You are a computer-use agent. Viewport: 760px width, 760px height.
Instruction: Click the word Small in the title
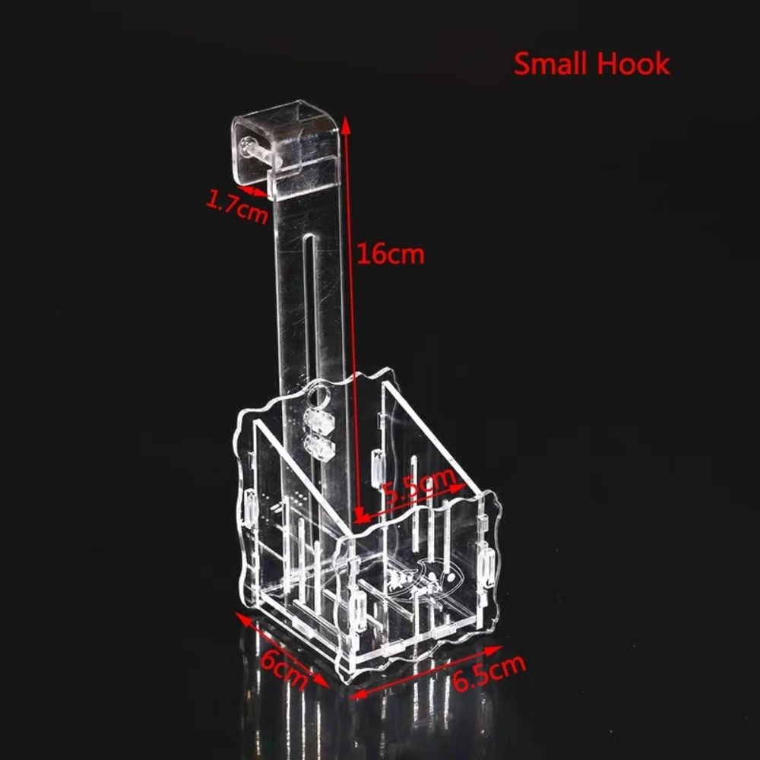pos(551,64)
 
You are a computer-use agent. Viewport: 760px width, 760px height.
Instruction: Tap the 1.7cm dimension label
pos(237,207)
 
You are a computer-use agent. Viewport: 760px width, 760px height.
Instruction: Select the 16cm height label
pos(391,254)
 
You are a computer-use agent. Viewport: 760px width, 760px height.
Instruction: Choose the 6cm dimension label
pos(283,670)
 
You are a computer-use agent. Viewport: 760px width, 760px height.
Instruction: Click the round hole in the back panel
pos(319,395)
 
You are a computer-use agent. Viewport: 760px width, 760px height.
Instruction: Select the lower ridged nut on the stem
pos(319,447)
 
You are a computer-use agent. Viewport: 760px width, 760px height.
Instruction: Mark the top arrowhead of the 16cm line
pos(346,122)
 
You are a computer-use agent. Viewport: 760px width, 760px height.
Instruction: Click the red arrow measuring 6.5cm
pos(426,672)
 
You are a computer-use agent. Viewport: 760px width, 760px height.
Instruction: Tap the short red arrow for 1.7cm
pos(253,189)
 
